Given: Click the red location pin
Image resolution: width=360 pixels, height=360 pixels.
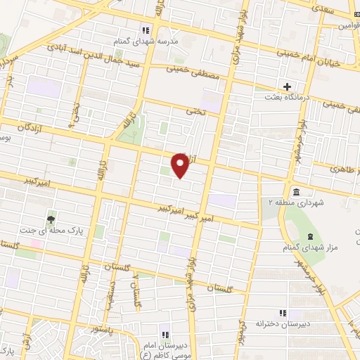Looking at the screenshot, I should [x=181, y=165].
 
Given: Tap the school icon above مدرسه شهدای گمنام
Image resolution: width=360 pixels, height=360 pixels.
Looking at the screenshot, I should [x=146, y=30].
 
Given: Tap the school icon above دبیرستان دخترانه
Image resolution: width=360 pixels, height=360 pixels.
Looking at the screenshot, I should [x=283, y=313].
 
